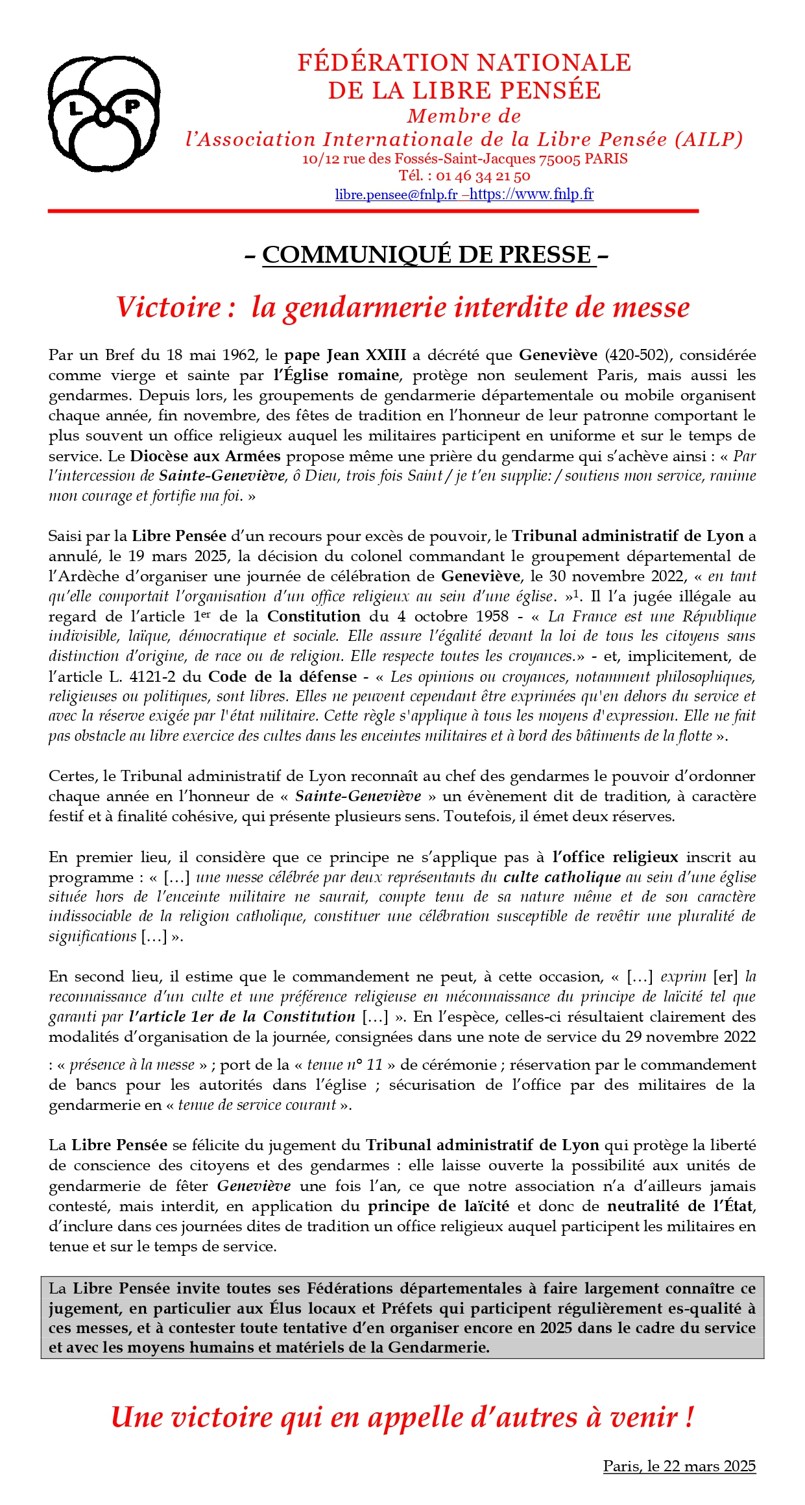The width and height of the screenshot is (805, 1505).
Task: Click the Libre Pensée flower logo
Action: (104, 114)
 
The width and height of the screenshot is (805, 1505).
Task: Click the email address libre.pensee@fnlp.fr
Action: (396, 194)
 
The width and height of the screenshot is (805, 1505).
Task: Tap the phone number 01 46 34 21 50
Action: (483, 176)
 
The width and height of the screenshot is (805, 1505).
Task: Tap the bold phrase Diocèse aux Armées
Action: (205, 456)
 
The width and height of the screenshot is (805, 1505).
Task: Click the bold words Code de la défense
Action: (282, 677)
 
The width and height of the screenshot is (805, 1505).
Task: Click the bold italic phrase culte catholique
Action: (562, 877)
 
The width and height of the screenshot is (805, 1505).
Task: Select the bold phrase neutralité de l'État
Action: (680, 1206)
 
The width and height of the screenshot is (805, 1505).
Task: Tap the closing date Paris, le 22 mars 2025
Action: (679, 1466)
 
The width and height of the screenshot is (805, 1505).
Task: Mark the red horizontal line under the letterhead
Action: (373, 211)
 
